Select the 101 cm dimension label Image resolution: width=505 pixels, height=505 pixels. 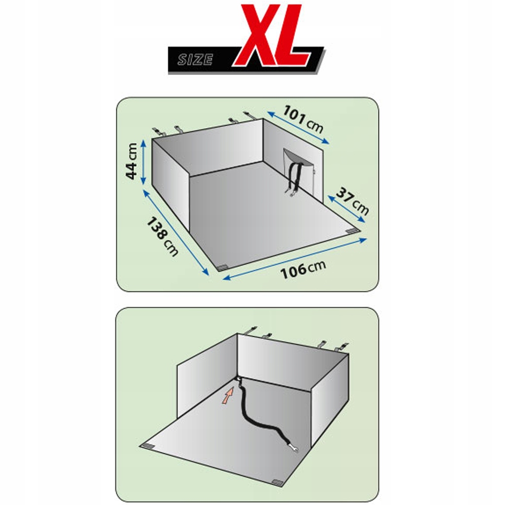pos(303,119)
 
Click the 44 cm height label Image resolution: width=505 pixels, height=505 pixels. pos(132,161)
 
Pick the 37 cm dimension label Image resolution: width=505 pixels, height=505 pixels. pos(352,201)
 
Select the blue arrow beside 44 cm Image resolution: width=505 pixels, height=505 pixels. pos(144,164)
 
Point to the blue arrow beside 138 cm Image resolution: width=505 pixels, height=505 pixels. pos(176,233)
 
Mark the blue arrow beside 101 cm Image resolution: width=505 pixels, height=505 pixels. pos(298,127)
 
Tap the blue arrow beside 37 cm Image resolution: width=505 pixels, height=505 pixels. pos(347,209)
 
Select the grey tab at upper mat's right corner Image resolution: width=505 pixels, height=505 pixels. pos(354,231)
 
